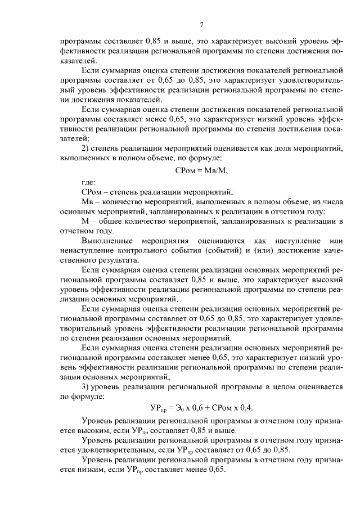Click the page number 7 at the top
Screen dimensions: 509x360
(x=201, y=24)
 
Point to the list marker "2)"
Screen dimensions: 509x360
(x=87, y=148)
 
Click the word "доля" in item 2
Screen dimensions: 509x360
(x=282, y=148)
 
